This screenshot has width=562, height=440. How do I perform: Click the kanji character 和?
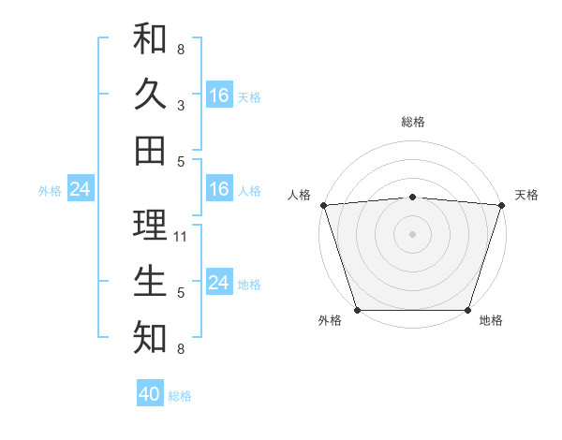click(x=150, y=39)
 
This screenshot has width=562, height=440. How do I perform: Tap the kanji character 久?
click(x=150, y=95)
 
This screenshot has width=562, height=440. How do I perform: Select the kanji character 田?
click(x=150, y=150)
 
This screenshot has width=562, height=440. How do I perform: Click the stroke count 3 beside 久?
click(x=181, y=105)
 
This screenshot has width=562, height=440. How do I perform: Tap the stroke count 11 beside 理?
click(x=181, y=236)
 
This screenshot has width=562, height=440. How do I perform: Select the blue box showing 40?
click(x=150, y=394)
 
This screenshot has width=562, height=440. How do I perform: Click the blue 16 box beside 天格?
click(x=219, y=95)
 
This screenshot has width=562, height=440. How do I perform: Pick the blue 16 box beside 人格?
click(x=219, y=190)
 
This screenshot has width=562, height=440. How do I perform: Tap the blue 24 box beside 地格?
click(x=219, y=283)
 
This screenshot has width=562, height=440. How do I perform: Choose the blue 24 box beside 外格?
click(x=80, y=190)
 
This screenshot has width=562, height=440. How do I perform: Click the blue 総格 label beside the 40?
click(x=181, y=396)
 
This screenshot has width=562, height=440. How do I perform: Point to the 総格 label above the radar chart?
click(x=412, y=122)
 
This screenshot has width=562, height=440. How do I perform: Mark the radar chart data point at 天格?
click(x=502, y=205)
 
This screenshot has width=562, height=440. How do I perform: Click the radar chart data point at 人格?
click(x=323, y=205)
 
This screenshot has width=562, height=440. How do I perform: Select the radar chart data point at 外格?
click(x=358, y=309)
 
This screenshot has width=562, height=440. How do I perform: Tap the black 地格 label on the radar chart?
click(x=491, y=321)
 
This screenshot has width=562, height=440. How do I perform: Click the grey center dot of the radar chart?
click(x=412, y=234)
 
